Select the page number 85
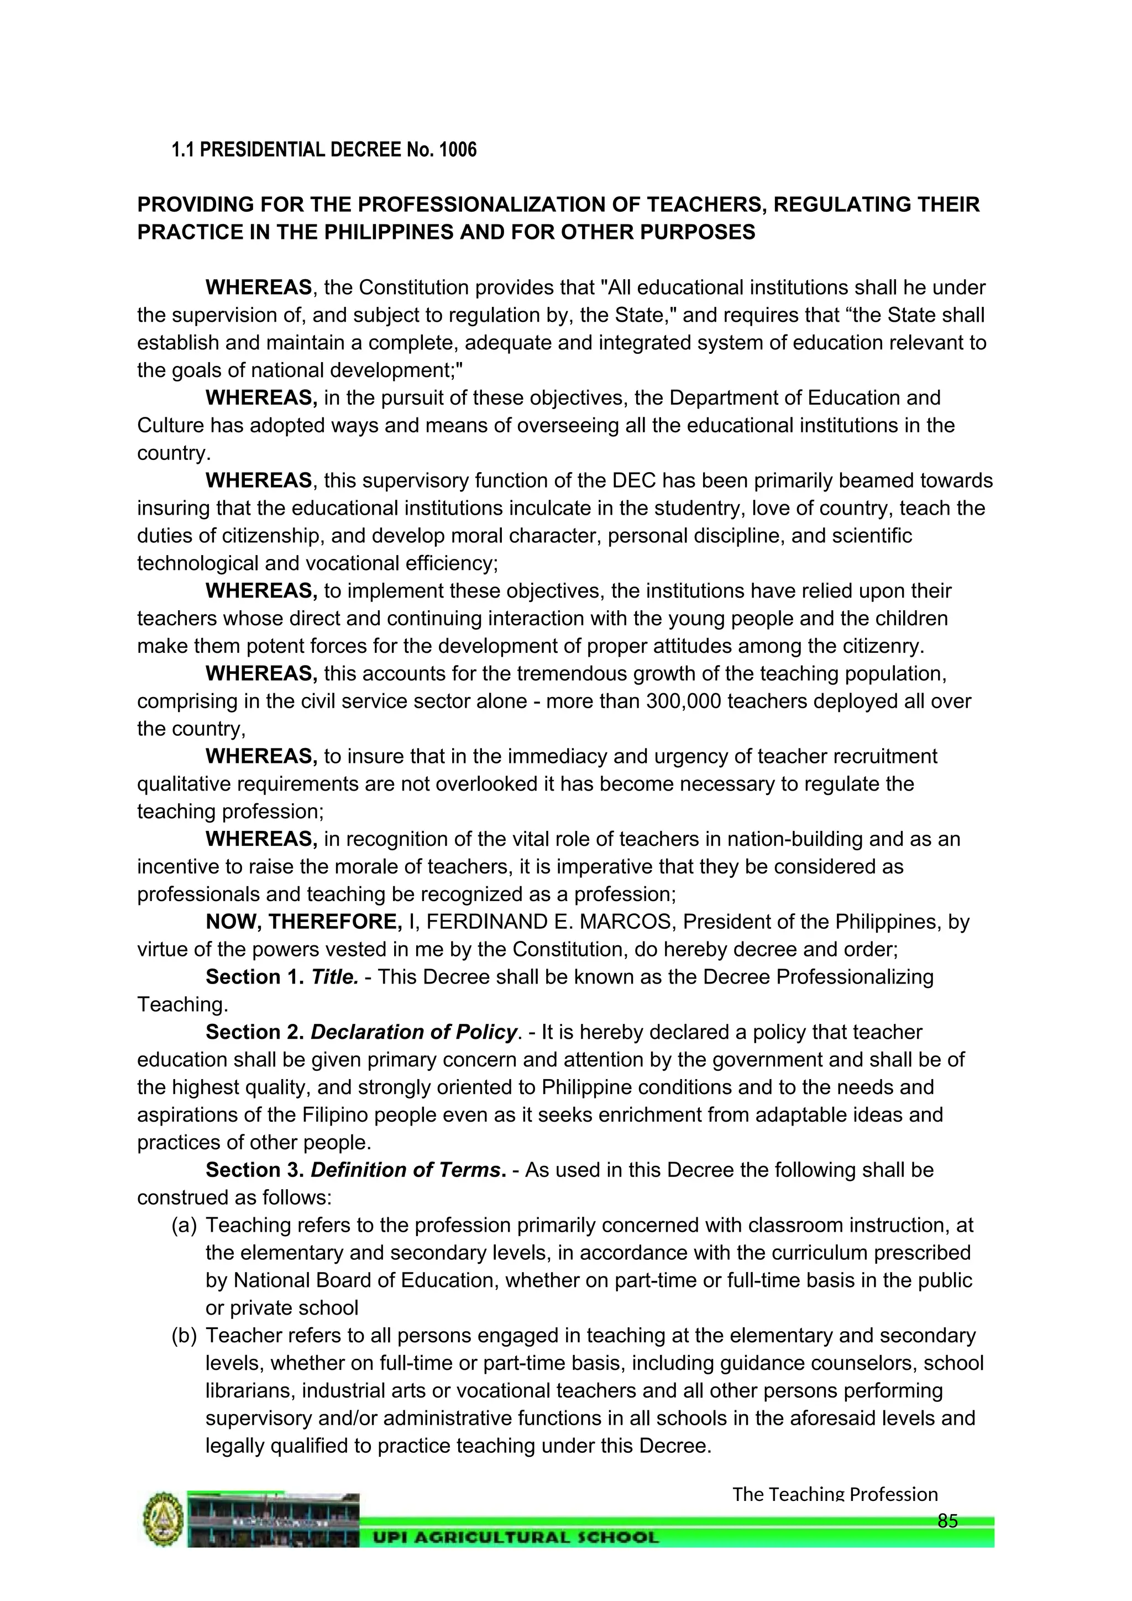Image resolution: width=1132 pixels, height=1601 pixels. pos(947,1521)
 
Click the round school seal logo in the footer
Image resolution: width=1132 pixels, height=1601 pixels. pos(163,1519)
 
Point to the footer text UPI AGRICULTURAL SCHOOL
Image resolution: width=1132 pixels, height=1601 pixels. pos(516,1537)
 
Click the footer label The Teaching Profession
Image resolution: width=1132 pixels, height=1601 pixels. pos(835,1494)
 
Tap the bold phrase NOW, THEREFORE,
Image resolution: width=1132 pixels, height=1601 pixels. pos(303,922)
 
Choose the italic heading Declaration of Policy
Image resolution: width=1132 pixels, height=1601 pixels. pos(414,1032)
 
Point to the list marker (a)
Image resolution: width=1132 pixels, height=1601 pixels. pos(184,1225)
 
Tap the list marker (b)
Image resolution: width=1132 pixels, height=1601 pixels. pos(184,1335)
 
